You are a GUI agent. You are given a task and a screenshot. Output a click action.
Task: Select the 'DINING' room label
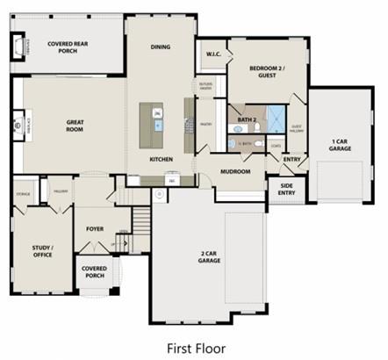(x=161, y=47)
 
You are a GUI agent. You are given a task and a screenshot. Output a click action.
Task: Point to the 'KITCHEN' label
(x=161, y=159)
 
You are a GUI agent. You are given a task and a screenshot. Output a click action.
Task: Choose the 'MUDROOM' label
(x=236, y=170)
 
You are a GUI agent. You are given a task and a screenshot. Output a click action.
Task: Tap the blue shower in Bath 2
(x=276, y=119)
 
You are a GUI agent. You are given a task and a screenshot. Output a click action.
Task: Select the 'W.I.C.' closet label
(x=213, y=54)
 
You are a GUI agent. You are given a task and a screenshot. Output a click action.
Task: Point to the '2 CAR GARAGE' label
(x=209, y=256)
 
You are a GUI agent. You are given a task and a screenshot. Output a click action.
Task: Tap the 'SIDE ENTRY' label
(x=286, y=189)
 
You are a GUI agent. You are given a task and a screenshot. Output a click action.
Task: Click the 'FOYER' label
(x=95, y=228)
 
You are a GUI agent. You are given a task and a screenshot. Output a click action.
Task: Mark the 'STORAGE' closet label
(x=24, y=193)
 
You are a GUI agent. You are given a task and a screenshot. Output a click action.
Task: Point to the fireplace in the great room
(x=19, y=126)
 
